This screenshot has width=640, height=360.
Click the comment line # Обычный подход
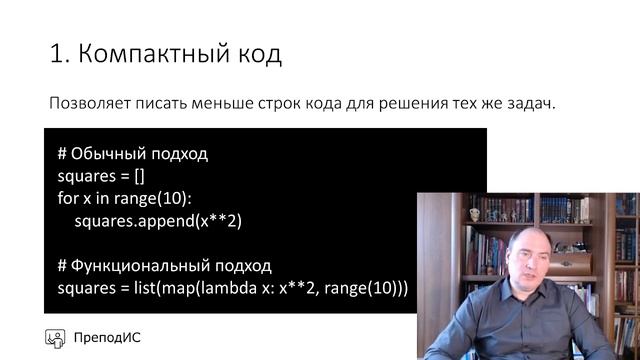point(132,154)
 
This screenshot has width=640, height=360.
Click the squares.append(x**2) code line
point(159,220)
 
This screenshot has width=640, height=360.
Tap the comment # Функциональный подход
point(164,266)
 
